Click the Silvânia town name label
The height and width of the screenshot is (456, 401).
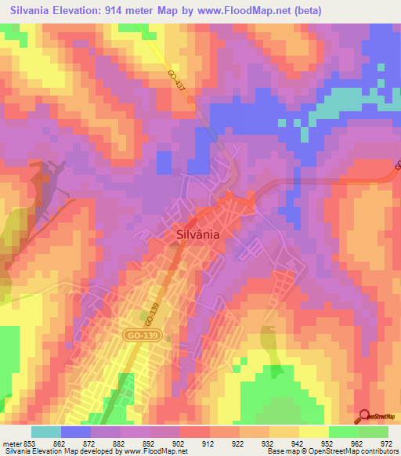197,233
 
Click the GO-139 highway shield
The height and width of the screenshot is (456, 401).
135,335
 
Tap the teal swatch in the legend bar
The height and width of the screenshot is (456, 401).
46,432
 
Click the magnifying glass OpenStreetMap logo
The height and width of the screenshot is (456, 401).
366,417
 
